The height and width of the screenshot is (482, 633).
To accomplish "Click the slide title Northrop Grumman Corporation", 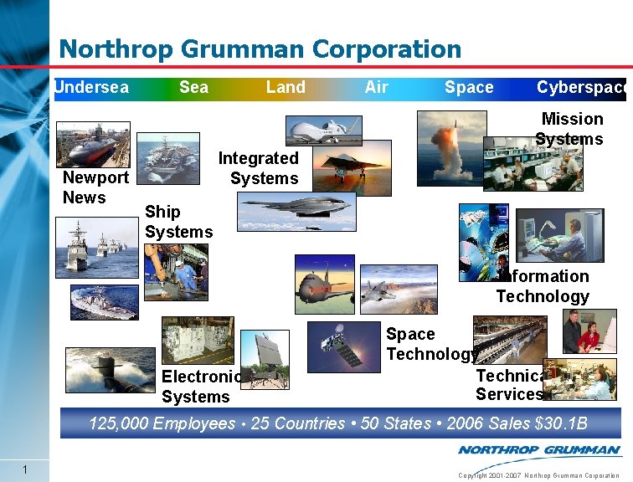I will click(x=260, y=49).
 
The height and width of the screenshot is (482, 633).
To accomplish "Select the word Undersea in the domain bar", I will click(x=92, y=87).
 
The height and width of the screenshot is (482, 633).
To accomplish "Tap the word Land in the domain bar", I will click(x=286, y=87).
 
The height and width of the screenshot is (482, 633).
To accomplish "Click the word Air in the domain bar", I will click(x=377, y=87).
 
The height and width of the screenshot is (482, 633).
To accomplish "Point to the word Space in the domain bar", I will click(x=469, y=87).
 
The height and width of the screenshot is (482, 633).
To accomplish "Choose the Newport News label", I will click(x=95, y=187).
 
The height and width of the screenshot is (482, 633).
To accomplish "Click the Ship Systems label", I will click(x=178, y=222).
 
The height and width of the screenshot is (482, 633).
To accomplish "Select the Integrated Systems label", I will click(x=260, y=168).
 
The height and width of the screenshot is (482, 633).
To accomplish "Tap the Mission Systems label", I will click(x=570, y=129).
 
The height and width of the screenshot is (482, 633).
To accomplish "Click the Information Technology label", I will click(x=543, y=286).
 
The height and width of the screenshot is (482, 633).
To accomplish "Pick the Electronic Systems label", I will click(x=201, y=387).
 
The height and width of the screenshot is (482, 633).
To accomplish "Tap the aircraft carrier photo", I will click(x=168, y=158).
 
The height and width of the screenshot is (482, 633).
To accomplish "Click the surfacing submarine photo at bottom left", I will click(x=110, y=370).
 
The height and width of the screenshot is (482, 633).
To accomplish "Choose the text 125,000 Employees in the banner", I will click(x=162, y=423).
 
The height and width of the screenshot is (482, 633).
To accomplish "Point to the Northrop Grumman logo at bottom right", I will click(x=538, y=450).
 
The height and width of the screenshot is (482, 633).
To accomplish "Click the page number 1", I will click(x=27, y=469).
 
